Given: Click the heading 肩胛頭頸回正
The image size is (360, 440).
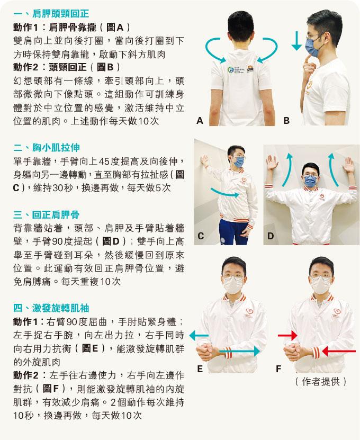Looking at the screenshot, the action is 60,13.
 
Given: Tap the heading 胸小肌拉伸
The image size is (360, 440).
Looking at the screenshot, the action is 56,147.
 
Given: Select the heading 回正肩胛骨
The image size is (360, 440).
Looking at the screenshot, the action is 56,214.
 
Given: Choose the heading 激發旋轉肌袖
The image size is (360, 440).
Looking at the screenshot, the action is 60,308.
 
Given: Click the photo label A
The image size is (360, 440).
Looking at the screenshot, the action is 200,121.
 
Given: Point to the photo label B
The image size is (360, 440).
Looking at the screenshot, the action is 286,121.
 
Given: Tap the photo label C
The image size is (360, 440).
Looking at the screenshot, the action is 200,236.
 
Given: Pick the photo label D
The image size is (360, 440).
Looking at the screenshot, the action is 270,236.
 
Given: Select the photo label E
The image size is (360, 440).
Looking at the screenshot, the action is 200,369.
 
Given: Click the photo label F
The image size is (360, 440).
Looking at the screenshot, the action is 278,369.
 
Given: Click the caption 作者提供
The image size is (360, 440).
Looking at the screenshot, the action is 321,382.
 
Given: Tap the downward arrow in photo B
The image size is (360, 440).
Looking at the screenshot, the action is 296,41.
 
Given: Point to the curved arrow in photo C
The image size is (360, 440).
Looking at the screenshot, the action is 224,193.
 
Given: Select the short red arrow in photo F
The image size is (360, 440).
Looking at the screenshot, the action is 287,335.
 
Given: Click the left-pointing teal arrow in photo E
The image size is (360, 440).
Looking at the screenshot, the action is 199,335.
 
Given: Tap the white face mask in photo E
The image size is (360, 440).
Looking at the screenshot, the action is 232,285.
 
